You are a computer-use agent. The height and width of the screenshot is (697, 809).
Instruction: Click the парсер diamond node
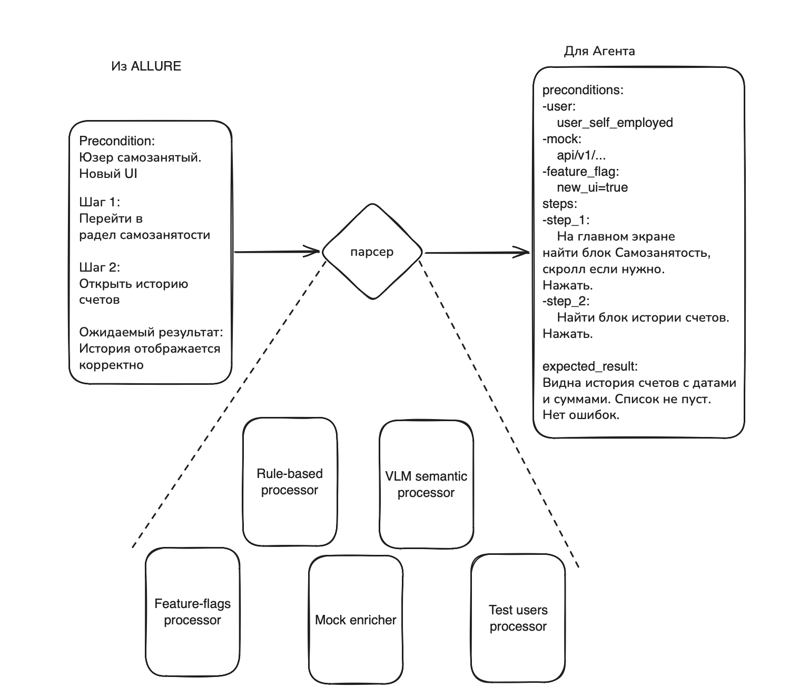click(372, 252)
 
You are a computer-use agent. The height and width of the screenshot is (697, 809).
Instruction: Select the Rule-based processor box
click(290, 482)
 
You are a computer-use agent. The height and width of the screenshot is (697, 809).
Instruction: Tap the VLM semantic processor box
click(426, 484)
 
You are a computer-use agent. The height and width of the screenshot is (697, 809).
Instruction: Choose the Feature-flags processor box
click(193, 612)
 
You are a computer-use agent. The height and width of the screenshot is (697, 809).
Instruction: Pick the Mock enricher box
click(356, 620)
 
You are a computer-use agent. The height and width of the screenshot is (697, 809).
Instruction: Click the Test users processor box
click(518, 618)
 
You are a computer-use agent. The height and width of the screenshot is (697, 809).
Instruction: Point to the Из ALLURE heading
click(146, 66)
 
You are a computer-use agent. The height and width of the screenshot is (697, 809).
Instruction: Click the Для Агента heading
click(599, 51)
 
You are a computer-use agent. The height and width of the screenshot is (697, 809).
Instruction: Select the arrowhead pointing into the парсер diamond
click(312, 252)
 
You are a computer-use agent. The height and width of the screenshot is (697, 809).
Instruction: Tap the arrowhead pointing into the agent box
click(521, 252)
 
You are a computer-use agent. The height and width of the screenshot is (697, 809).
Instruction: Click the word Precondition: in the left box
click(117, 141)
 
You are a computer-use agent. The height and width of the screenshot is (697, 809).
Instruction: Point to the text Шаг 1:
click(100, 202)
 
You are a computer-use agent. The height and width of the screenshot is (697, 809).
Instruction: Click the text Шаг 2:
click(100, 267)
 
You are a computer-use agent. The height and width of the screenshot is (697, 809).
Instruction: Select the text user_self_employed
click(615, 123)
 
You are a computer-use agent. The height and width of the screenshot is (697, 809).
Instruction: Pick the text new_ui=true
click(592, 187)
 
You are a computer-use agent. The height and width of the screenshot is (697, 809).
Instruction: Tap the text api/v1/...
click(576, 155)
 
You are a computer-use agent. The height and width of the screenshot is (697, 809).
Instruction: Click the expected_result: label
click(590, 366)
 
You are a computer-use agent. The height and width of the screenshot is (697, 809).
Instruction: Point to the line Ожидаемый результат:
click(151, 332)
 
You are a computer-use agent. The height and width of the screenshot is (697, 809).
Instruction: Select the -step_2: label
click(566, 301)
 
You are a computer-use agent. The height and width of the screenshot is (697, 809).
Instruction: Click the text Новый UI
click(108, 173)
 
